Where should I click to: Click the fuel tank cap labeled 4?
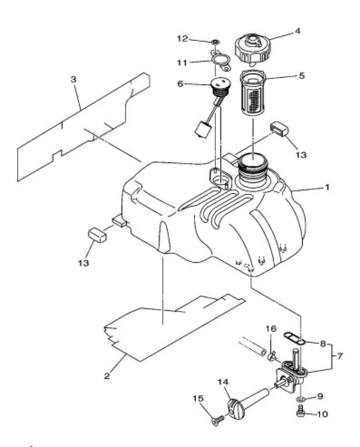click(253, 48)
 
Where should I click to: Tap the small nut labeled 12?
click(215, 42)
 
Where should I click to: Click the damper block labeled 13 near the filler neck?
click(279, 129)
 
